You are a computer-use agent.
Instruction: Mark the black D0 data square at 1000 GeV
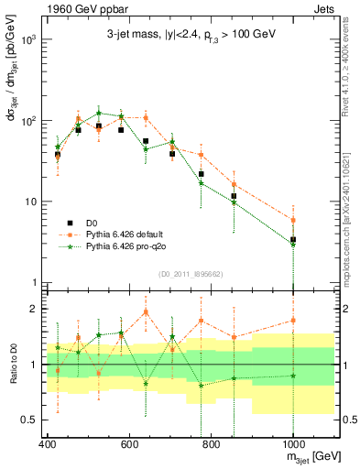[293, 240]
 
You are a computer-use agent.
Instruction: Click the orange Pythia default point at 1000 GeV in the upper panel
[293, 220]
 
